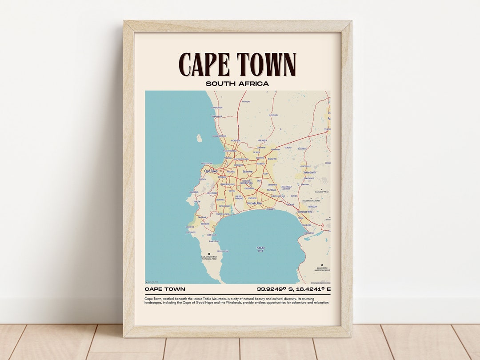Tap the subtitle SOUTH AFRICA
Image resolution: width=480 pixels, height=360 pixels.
point(237,83)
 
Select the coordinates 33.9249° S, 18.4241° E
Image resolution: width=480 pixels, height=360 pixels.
point(293,289)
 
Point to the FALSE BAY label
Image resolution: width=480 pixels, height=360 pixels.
point(261,249)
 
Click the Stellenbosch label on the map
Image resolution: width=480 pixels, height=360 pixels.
point(309,172)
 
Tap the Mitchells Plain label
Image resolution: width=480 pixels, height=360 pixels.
point(255,203)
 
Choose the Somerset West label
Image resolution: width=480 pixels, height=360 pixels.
point(305,212)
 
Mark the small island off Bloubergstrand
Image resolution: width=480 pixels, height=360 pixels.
point(199,139)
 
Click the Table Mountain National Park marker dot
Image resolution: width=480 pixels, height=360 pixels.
point(209,254)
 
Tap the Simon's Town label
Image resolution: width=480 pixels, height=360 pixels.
point(214,241)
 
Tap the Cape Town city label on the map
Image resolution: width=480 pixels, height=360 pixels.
point(211,171)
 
